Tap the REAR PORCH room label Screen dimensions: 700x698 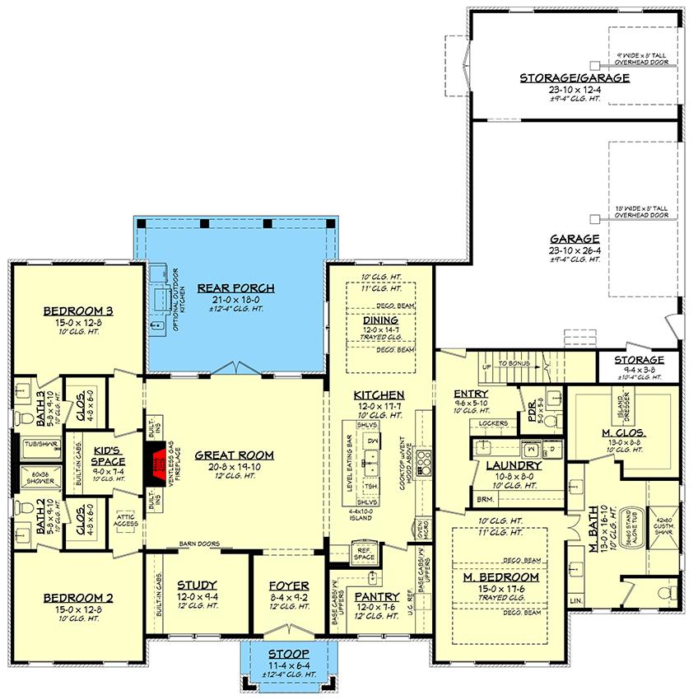tap(235, 287)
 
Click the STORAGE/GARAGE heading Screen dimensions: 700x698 tap(575, 77)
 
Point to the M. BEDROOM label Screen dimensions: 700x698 tap(500, 577)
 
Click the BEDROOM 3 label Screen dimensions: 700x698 tap(78, 310)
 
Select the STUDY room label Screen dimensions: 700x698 tap(198, 586)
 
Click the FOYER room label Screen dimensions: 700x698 tap(282, 586)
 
